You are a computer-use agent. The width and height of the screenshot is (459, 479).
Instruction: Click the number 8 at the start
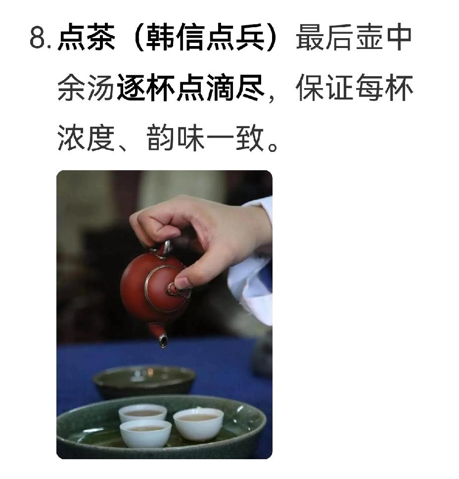pyautogui.click(x=38, y=38)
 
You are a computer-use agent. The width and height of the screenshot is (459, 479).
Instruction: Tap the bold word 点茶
pyautogui.click(x=87, y=37)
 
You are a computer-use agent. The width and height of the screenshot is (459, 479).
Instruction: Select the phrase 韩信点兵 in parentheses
pyautogui.click(x=205, y=37)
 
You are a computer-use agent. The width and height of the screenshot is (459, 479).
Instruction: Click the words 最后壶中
pyautogui.click(x=354, y=37)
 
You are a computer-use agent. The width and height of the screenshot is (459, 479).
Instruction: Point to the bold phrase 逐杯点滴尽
pyautogui.click(x=190, y=88)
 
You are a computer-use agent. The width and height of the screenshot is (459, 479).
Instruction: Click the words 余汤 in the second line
pyautogui.click(x=86, y=88)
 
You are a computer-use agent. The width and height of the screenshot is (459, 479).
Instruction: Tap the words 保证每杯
pyautogui.click(x=354, y=88)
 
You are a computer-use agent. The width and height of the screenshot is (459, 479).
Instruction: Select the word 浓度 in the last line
pyautogui.click(x=86, y=138)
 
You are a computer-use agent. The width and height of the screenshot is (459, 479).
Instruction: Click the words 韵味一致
pyautogui.click(x=205, y=138)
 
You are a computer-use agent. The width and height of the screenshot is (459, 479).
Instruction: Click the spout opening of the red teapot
pyautogui.click(x=163, y=340)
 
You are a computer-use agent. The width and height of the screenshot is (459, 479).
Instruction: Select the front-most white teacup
pyautogui.click(x=145, y=433)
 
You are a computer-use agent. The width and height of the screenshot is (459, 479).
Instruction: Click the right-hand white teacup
pyautogui.click(x=198, y=424)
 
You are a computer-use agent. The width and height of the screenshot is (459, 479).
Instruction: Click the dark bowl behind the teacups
pyautogui.click(x=144, y=381)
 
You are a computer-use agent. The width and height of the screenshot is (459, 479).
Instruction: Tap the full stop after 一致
pyautogui.click(x=273, y=146)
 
